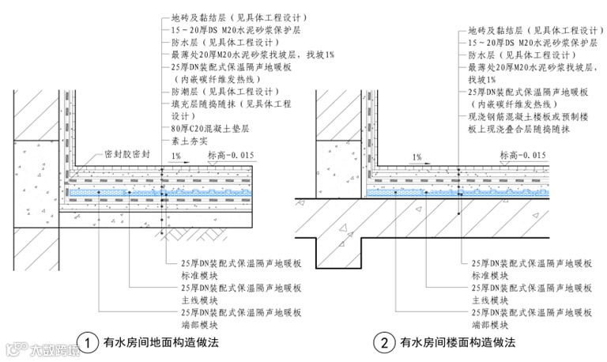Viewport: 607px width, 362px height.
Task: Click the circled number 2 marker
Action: pyautogui.click(x=384, y=343)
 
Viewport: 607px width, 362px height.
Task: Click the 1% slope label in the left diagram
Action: pyautogui.click(x=175, y=156)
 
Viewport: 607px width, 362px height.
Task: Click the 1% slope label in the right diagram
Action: pyautogui.click(x=417, y=156)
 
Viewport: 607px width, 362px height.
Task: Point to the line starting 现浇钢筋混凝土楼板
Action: pyautogui.click(x=529, y=116)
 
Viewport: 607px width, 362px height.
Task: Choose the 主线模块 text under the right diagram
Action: pyautogui.click(x=491, y=300)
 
